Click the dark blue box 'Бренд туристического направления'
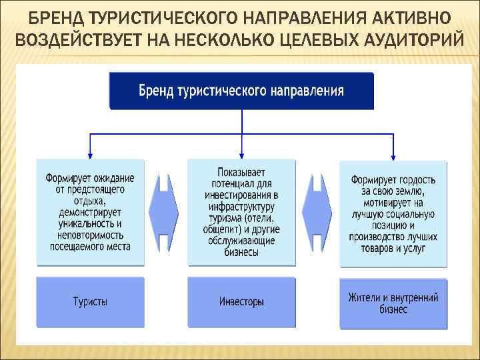241,91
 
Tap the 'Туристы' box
90,302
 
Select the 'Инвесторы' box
241,302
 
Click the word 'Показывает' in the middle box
241,171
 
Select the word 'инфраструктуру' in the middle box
241,207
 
